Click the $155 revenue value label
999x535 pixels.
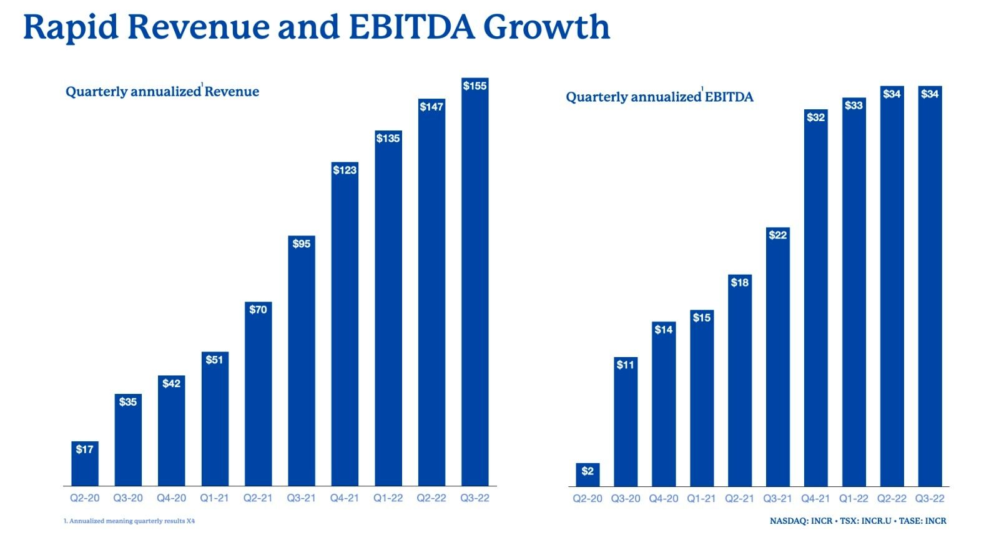475,86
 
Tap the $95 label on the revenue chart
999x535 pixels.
302,243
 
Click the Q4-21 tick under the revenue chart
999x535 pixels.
345,498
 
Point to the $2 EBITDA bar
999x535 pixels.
588,474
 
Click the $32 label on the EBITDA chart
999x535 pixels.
816,117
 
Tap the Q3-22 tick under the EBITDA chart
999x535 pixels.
930,499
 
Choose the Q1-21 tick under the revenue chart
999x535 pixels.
214,498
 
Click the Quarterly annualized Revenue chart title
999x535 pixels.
162,92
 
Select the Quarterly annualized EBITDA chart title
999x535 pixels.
659,97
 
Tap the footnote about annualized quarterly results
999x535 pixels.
129,521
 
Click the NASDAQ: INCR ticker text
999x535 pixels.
800,521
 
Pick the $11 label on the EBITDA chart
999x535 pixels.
626,365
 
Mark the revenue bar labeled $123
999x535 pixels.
345,325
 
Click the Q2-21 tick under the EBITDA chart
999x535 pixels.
739,499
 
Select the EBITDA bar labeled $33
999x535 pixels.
854,293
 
